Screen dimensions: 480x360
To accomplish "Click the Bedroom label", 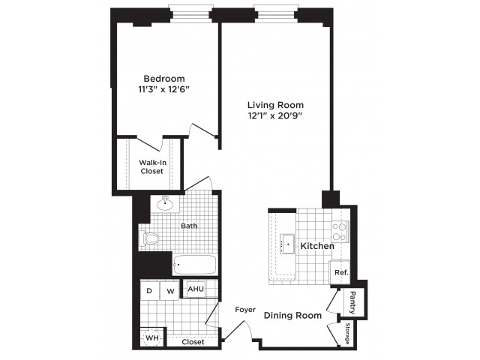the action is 164,79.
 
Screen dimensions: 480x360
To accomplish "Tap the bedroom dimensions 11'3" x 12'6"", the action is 164,89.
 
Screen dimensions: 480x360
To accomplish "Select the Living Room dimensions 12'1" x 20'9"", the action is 275,115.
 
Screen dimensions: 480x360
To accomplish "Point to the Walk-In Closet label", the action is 152,166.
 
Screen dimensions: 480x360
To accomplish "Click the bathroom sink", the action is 165,204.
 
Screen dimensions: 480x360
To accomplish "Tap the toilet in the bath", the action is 149,238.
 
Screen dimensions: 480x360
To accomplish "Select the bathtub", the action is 195,265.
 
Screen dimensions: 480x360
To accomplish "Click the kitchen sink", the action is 287,244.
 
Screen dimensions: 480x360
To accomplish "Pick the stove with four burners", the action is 340,232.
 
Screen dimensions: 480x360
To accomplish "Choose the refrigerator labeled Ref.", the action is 340,272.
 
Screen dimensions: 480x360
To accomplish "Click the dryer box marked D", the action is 149,290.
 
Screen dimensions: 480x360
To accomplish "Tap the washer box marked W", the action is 170,291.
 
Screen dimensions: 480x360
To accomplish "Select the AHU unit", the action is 196,289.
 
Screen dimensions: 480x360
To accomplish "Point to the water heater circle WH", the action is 152,338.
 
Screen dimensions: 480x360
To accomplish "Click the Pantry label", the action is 352,303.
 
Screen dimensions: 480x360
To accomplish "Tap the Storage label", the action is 347,333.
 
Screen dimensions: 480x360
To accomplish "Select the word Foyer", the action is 245,310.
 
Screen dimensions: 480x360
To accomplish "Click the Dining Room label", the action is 292,316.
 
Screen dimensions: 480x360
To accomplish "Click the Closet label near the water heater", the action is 193,342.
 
